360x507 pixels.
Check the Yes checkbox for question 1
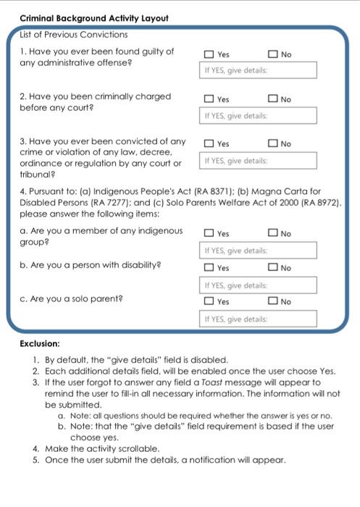pyautogui.click(x=209, y=54)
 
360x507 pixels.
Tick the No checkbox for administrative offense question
pyautogui.click(x=272, y=54)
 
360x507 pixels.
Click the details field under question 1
pyautogui.click(x=258, y=70)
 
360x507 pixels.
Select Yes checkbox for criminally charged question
pyautogui.click(x=209, y=99)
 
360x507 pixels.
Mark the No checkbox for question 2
pyautogui.click(x=272, y=99)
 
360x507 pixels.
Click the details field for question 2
pyautogui.click(x=258, y=116)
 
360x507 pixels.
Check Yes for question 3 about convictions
pyautogui.click(x=209, y=144)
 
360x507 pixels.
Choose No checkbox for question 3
pyautogui.click(x=272, y=144)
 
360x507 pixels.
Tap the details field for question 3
pyautogui.click(x=258, y=161)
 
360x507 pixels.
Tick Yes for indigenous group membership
pyautogui.click(x=209, y=234)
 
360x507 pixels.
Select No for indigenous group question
pyautogui.click(x=272, y=234)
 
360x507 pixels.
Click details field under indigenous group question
pyautogui.click(x=258, y=251)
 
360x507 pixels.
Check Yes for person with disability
pyautogui.click(x=209, y=268)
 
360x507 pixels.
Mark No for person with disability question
pyautogui.click(x=272, y=268)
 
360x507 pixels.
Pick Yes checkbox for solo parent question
pyautogui.click(x=209, y=301)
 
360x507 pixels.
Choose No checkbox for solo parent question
pyautogui.click(x=272, y=301)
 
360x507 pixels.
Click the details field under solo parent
pyautogui.click(x=258, y=319)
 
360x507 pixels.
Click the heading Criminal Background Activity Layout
pyautogui.click(x=94, y=18)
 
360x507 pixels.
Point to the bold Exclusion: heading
pyautogui.click(x=40, y=343)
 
